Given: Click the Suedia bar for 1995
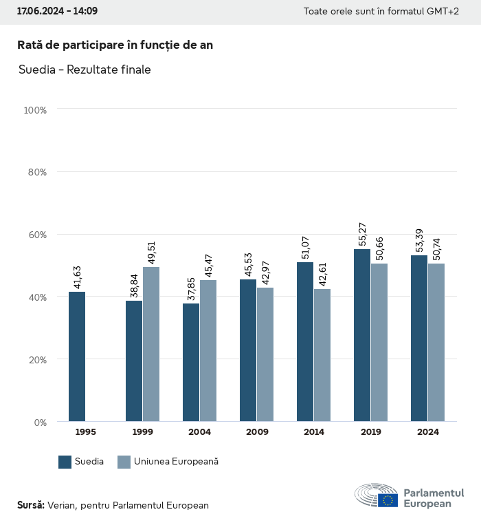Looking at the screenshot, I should click(77, 356).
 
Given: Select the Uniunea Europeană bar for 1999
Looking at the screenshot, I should click(151, 344).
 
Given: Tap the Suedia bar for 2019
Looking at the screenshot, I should click(362, 335).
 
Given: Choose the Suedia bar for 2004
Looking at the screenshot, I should click(191, 363).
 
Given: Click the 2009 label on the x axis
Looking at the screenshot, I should click(256, 432).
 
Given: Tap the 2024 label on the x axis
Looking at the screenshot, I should click(427, 432).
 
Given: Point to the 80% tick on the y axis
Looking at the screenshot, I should click(36, 172).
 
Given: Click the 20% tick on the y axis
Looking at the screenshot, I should click(36, 359).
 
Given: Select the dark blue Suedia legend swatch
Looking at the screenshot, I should click(65, 462).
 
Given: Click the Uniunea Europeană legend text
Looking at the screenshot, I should click(176, 462).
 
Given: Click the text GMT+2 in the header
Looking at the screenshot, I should click(443, 12).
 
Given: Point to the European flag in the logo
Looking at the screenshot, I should click(388, 500).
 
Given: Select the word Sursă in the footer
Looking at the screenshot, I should click(30, 505).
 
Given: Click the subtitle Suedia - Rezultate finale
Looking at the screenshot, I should click(85, 70).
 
